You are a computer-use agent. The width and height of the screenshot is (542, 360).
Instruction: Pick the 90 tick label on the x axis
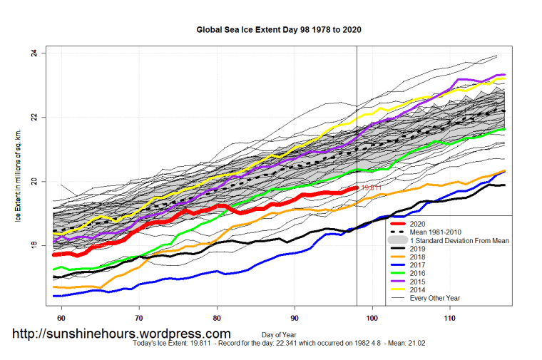295,317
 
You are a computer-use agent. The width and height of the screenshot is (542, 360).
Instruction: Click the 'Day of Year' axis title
280,334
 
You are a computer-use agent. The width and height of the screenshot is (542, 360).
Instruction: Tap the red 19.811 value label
372,188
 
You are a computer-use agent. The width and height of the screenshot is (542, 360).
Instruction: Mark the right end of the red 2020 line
356,187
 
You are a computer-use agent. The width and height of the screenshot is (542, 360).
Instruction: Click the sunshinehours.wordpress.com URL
122,333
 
